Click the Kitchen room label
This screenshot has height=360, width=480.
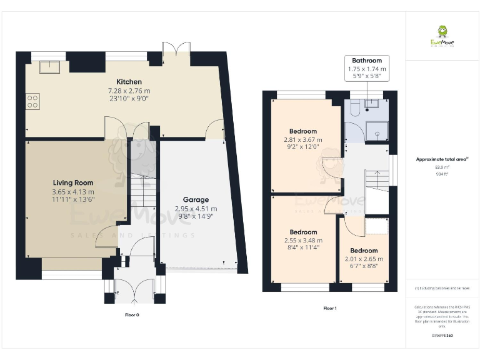[x=129, y=82]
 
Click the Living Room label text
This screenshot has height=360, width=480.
[x=72, y=183]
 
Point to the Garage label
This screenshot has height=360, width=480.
[x=196, y=200]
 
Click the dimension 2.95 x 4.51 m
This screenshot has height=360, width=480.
[x=196, y=209]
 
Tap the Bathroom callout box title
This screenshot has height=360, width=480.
[x=366, y=61]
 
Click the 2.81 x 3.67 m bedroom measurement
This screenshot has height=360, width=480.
[x=302, y=140]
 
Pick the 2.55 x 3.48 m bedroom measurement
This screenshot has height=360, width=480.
[x=302, y=240]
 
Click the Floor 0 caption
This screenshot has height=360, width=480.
[x=132, y=315]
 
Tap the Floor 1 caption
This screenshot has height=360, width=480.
[x=329, y=308]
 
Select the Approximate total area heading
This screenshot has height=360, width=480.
[x=441, y=159]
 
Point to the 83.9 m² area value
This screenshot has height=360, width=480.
[x=441, y=167]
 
